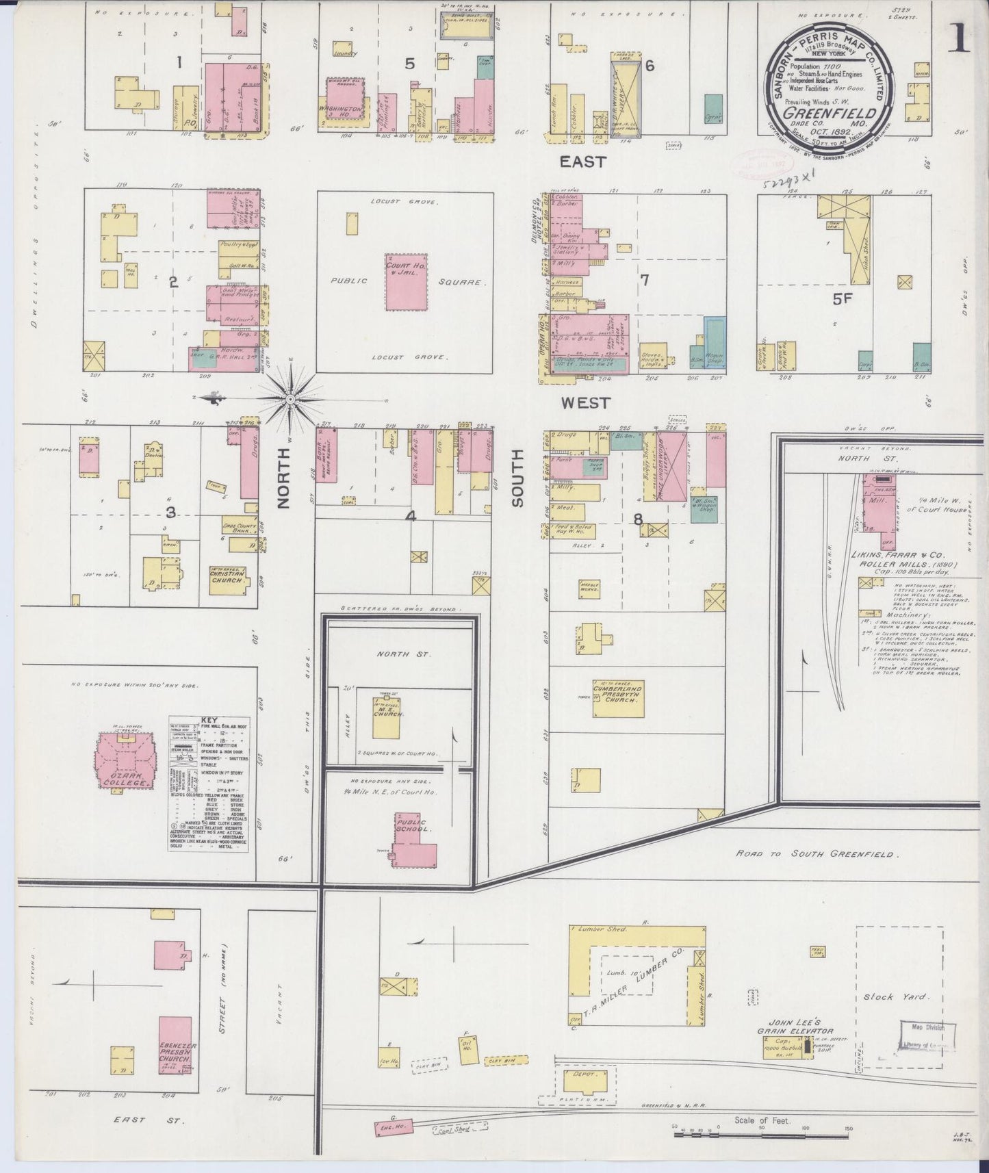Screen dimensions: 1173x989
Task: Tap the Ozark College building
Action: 125,762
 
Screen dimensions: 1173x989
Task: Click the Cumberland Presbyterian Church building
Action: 618,697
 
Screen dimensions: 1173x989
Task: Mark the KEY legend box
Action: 208,784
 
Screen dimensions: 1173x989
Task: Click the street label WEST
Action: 585,403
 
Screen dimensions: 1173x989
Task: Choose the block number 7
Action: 644,280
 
